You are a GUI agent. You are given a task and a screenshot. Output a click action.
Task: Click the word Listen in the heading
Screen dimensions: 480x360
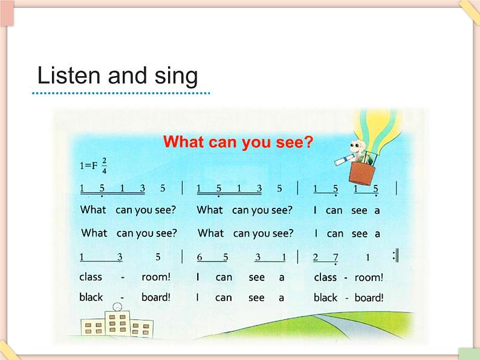click(x=68, y=76)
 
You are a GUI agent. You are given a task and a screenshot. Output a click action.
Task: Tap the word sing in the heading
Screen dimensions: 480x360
click(x=176, y=77)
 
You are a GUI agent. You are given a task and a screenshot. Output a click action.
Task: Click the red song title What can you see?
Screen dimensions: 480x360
click(x=238, y=142)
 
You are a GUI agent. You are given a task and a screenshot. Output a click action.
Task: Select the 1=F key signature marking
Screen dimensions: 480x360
click(x=88, y=166)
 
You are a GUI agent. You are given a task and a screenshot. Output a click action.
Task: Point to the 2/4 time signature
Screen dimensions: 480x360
click(x=105, y=166)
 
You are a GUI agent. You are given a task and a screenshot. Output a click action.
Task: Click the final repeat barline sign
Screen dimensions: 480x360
click(x=396, y=256)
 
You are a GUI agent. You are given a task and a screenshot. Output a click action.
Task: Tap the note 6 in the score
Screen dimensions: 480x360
click(x=199, y=257)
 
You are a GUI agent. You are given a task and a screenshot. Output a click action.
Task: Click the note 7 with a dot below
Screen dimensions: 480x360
click(x=336, y=258)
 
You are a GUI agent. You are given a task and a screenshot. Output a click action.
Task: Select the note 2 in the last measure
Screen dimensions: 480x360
click(x=316, y=257)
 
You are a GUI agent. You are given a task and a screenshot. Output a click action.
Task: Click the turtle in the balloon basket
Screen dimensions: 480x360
click(x=362, y=152)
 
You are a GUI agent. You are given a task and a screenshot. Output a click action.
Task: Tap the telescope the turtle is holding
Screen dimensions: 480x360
click(x=345, y=159)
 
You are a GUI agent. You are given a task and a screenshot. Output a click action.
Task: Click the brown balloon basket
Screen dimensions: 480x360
click(x=362, y=173)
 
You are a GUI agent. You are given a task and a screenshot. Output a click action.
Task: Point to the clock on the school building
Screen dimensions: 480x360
click(x=117, y=307)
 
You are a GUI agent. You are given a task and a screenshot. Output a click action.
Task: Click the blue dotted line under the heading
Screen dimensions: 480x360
click(x=121, y=93)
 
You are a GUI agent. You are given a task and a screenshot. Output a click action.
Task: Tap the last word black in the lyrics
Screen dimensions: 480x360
click(x=325, y=298)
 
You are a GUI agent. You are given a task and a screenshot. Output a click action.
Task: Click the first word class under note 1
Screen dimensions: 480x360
click(x=91, y=277)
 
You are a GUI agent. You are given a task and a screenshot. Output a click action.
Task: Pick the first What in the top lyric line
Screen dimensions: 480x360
click(x=93, y=210)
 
